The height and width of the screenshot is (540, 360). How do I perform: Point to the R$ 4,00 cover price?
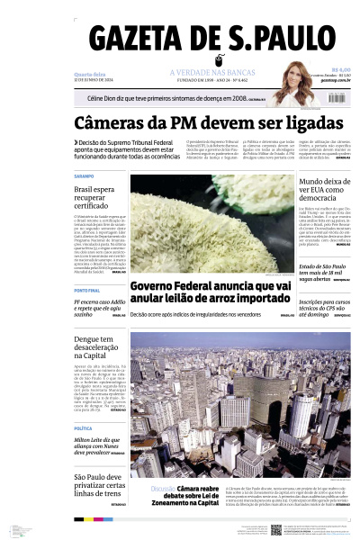[340, 68]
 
